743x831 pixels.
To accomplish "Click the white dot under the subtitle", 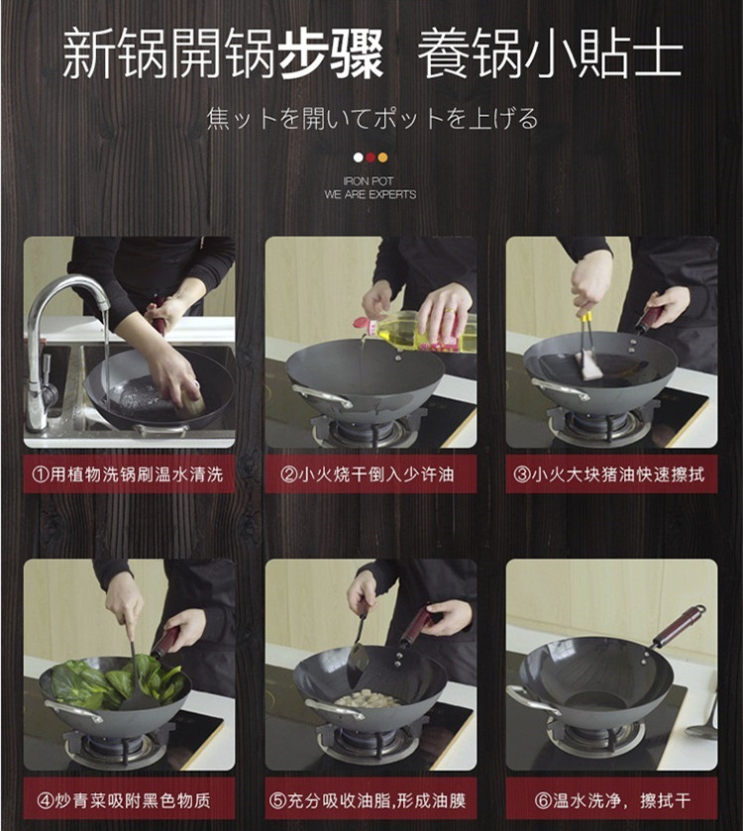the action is [359, 157].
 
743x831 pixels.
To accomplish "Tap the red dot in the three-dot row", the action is [371, 157].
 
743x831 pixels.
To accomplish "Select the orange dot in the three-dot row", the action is [382, 157].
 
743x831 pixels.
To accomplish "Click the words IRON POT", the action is [369, 181].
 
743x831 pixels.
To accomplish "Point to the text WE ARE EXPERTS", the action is [371, 194].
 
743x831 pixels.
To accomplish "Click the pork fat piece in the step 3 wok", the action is [589, 364].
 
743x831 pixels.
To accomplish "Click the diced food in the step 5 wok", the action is [369, 700].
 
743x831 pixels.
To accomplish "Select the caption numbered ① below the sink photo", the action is [128, 474].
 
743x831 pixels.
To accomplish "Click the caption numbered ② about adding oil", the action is [368, 474].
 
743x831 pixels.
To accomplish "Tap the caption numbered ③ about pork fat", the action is [609, 474].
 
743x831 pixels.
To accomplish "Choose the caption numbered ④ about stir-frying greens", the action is [125, 800].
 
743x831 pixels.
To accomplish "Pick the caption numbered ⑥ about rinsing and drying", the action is [612, 800].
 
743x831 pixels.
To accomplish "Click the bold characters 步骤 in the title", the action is [330, 54].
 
